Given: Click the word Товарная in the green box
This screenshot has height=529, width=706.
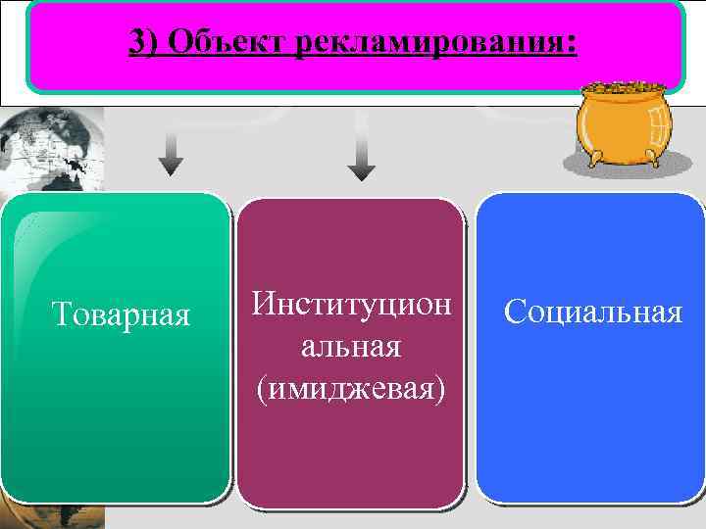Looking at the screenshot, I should (120, 314).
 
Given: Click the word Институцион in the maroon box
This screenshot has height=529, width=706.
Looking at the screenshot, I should (350, 303).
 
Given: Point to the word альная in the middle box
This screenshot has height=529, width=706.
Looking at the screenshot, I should (350, 346).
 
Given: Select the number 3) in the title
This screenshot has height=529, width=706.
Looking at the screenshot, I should (143, 44).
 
